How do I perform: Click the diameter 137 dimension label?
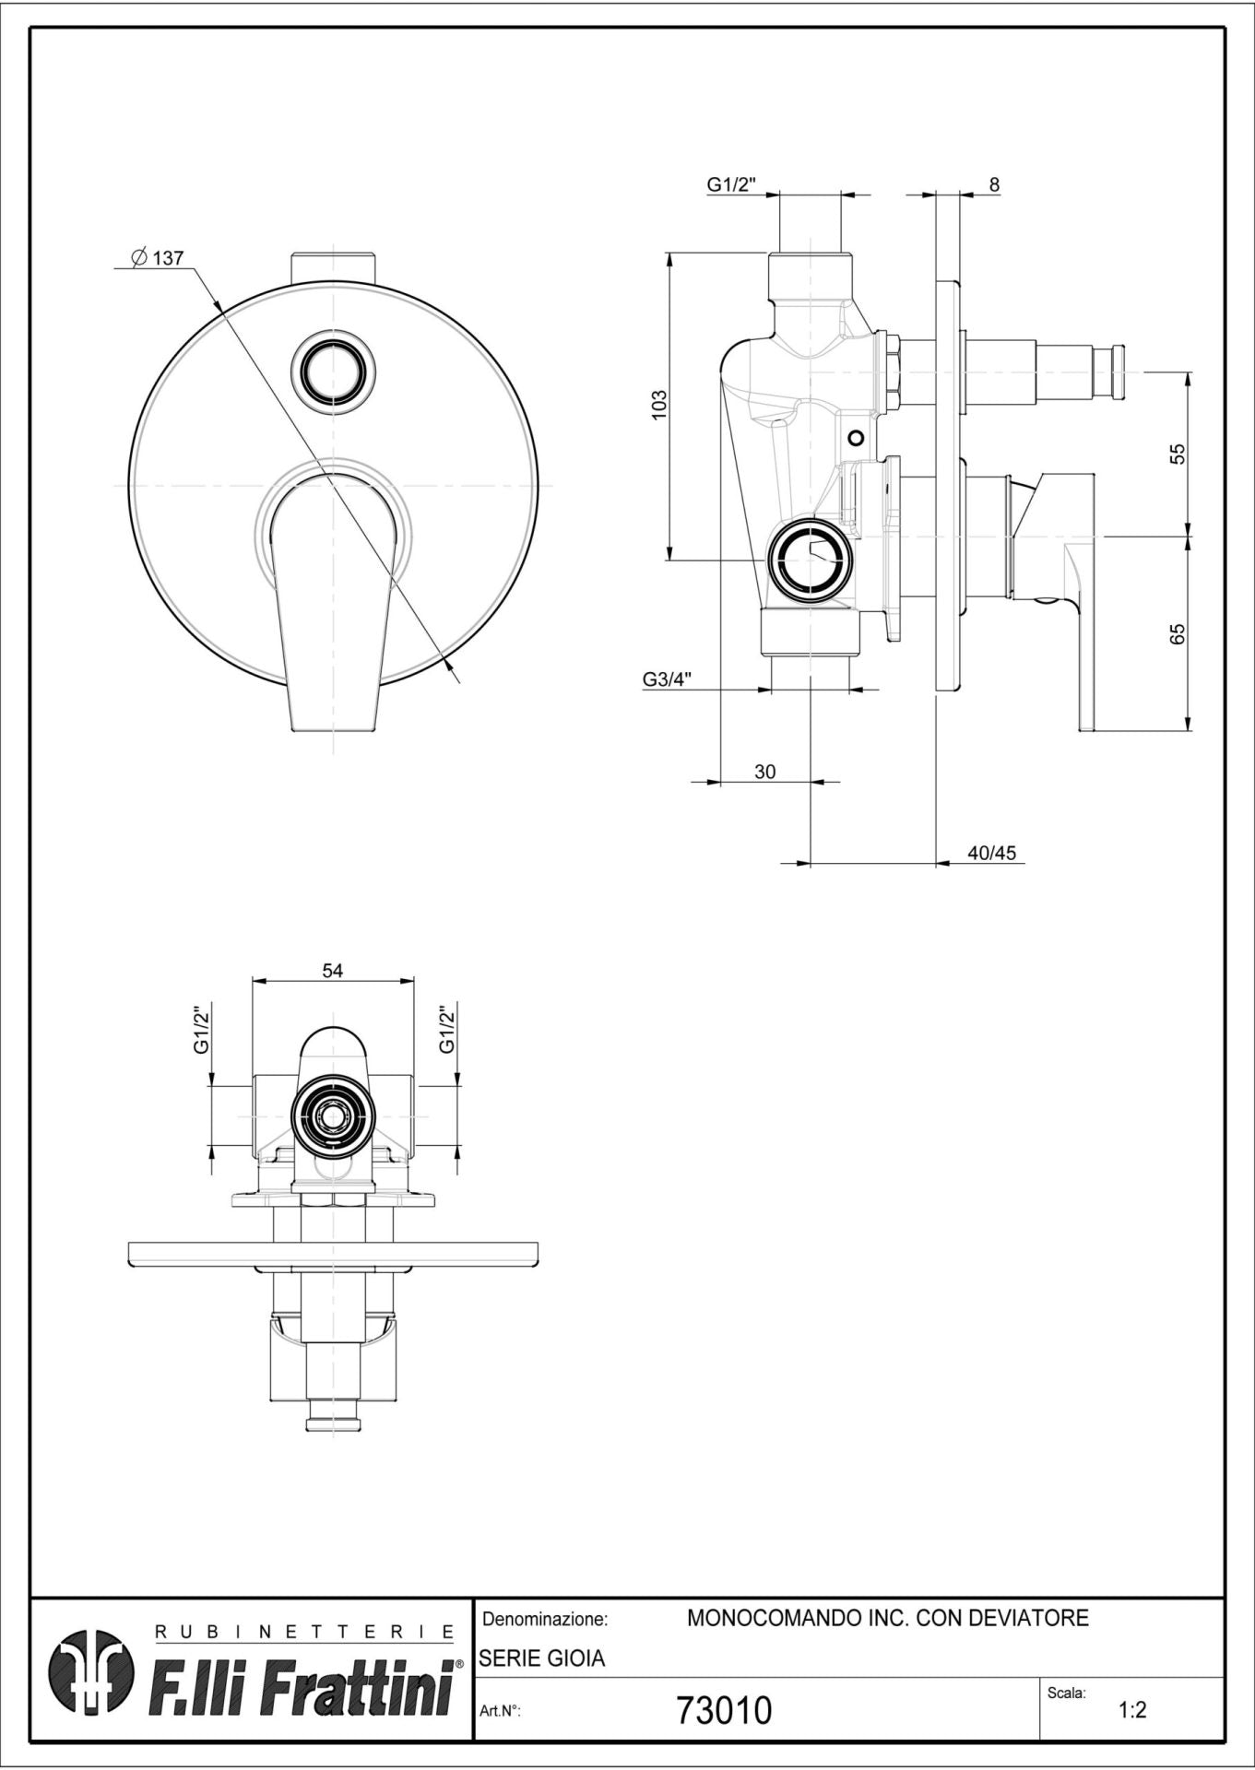point(158,258)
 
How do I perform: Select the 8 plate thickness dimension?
point(994,184)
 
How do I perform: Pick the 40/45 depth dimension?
point(991,853)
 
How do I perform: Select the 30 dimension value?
point(765,772)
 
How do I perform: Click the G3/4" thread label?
point(668,679)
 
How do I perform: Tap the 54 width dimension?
point(333,971)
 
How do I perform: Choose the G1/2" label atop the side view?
point(731,184)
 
